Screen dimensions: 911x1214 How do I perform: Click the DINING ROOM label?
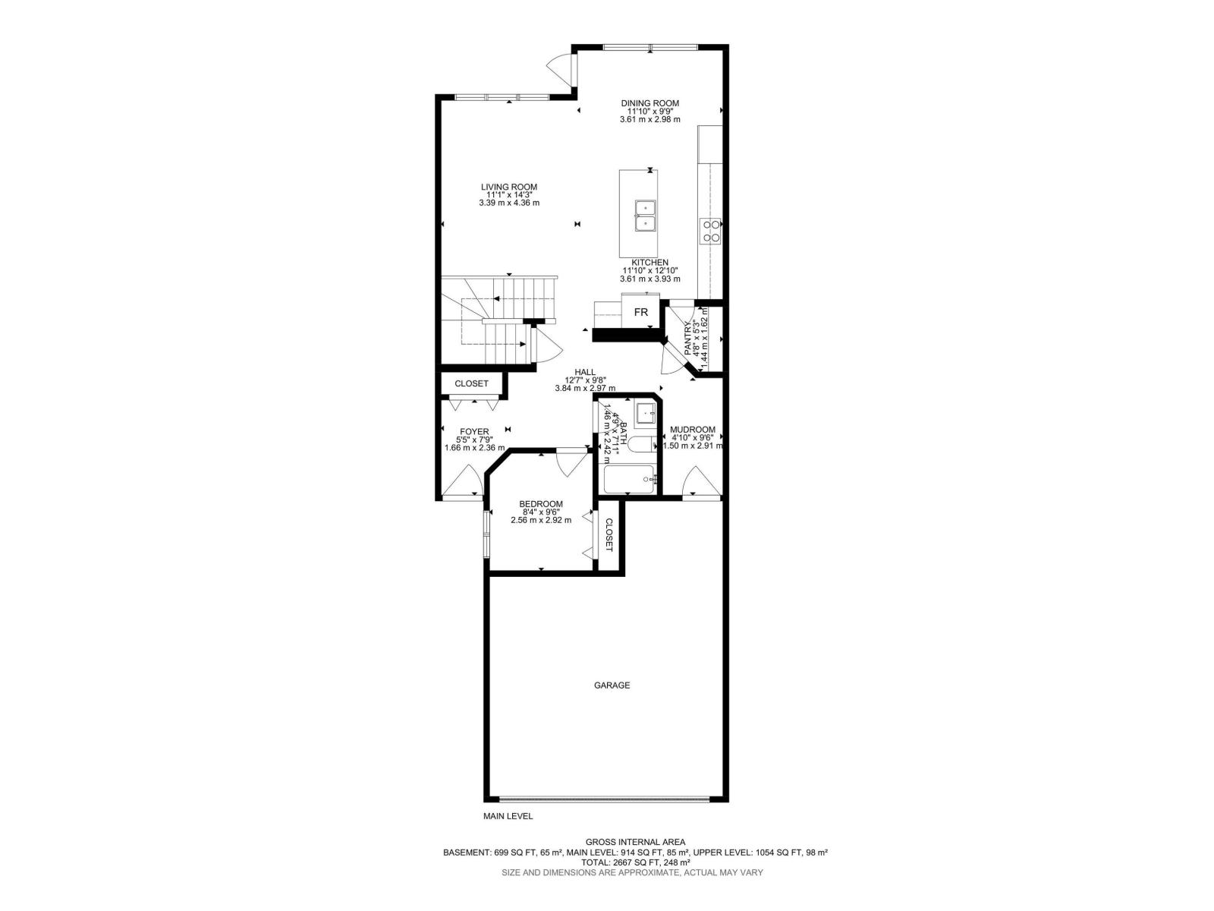coord(649,103)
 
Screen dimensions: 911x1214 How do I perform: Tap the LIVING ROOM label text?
coord(508,187)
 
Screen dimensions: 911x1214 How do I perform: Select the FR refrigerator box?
coord(641,312)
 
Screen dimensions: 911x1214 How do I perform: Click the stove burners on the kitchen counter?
coord(710,230)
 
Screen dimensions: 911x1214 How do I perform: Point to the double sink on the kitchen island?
coord(645,214)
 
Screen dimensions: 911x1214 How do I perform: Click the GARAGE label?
coord(612,686)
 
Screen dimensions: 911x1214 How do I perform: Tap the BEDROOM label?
coord(540,504)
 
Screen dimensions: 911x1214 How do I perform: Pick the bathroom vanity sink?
coord(645,413)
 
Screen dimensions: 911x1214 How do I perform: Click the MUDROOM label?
coord(692,430)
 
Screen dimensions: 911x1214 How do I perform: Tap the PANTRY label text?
coord(689,339)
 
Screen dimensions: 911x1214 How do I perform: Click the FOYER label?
coord(474,432)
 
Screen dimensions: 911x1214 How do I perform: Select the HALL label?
coord(584,372)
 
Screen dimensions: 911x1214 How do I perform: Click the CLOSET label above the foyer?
coord(471,383)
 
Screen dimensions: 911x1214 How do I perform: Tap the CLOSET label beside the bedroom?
coord(609,535)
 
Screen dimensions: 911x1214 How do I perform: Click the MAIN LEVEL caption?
coord(508,817)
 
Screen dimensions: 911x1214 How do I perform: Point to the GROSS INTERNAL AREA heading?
coord(635,842)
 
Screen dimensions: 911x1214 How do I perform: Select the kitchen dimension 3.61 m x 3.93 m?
coord(649,279)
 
